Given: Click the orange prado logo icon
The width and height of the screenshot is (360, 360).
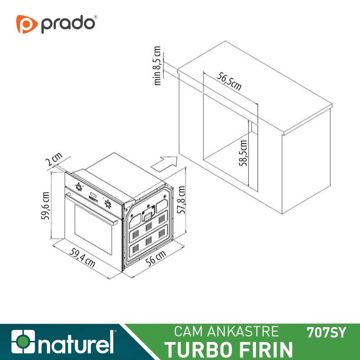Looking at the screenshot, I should click(26, 24).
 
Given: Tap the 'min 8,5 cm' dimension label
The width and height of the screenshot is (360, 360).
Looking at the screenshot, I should click(157, 66).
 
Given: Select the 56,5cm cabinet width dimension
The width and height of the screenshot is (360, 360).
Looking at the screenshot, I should click(230, 81).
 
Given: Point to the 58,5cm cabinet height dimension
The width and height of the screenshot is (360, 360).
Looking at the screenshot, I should click(243, 153).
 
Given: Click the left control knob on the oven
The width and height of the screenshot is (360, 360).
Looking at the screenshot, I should click(79, 187).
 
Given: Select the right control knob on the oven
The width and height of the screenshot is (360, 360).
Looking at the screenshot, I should click(108, 204).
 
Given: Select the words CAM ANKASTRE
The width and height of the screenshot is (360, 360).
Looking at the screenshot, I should click(226, 332).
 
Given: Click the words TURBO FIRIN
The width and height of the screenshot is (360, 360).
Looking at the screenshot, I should click(228, 349).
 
